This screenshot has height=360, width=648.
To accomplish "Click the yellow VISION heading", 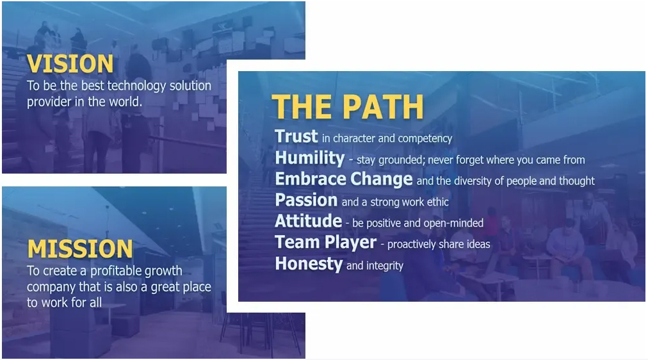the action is [x=70, y=63].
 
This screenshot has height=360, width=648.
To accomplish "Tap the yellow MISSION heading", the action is [x=80, y=249].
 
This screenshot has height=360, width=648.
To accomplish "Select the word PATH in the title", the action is [x=383, y=107].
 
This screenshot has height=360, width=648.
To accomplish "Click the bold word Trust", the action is [x=296, y=136].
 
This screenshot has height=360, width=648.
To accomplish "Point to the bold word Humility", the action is [x=310, y=158].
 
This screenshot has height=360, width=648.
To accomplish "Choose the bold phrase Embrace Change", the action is [x=344, y=179].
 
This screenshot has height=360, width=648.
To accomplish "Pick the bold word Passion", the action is [x=306, y=200].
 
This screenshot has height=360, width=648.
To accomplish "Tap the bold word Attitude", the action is [x=308, y=221].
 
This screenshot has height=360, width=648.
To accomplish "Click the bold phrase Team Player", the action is [x=326, y=243].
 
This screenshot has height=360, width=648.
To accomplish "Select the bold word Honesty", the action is [x=309, y=264].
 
